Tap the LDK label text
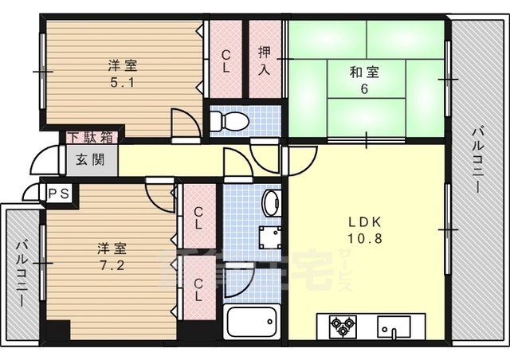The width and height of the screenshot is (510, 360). click(x=363, y=222)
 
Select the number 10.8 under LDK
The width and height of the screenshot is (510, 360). click(x=363, y=238)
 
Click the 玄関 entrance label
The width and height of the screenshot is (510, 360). click(x=90, y=159)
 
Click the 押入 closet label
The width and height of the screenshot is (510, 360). click(x=265, y=60)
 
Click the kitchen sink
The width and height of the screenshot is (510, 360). click(x=394, y=326)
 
